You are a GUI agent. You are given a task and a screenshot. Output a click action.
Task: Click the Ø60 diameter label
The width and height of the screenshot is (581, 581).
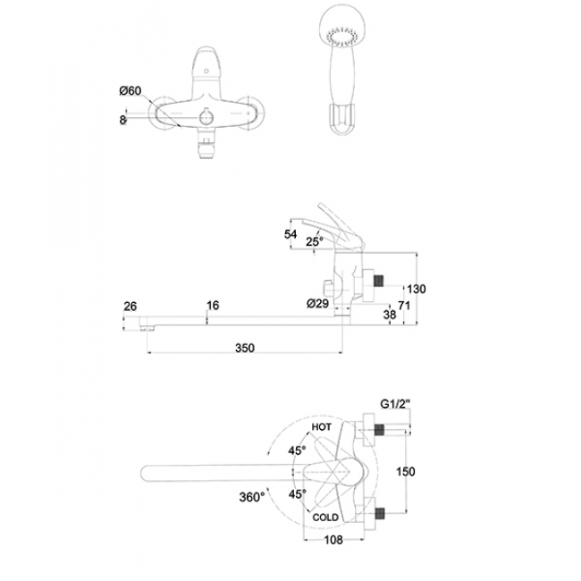coord(131,91)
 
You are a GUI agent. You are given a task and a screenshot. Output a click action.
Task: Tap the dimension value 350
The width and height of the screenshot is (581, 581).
coord(245,348)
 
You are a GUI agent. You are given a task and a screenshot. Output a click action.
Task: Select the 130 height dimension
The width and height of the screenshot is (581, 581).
coord(417,289)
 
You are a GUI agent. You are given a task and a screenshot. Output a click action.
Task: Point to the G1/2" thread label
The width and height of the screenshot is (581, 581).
coord(396,403)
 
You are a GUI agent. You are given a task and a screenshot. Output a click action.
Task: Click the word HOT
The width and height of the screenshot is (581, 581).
coord(321,427)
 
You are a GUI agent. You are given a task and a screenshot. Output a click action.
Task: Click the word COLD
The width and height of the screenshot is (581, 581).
coord(325,518)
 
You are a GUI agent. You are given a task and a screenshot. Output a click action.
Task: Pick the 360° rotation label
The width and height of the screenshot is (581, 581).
coord(252,496)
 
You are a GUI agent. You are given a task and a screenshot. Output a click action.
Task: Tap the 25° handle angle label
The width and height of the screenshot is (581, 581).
coord(315,241)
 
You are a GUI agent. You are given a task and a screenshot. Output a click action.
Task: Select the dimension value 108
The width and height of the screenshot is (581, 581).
coord(333,540)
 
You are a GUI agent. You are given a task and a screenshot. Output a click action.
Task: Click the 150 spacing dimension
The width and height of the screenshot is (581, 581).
coord(406,472)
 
